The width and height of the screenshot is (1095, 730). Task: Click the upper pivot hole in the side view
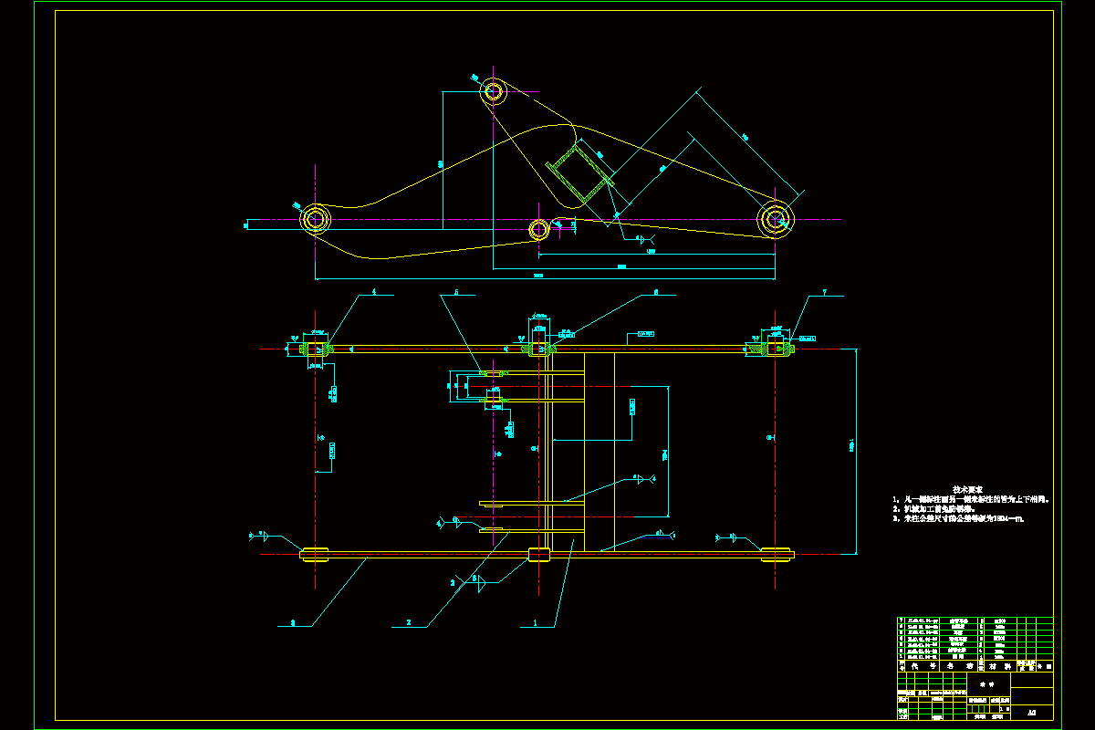coord(494,91)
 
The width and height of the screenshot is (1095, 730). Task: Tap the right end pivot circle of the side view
coord(776,218)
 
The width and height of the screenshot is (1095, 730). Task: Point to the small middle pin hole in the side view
coord(538,228)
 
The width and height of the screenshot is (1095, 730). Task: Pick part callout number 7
coord(824,293)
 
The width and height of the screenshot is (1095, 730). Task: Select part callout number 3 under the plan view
coord(292,623)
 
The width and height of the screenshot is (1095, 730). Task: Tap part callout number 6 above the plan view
coord(655,293)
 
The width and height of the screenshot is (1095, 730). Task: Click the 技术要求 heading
coord(969,490)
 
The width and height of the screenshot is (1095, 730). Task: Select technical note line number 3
coord(960,519)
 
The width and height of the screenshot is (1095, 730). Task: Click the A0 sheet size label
coord(1031,712)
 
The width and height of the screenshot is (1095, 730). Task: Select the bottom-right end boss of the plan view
coord(777,553)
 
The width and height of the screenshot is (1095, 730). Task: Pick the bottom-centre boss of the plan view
coord(539,553)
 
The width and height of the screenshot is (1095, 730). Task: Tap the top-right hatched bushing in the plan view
coord(776,348)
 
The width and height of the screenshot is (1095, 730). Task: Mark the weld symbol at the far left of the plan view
coord(263,537)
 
